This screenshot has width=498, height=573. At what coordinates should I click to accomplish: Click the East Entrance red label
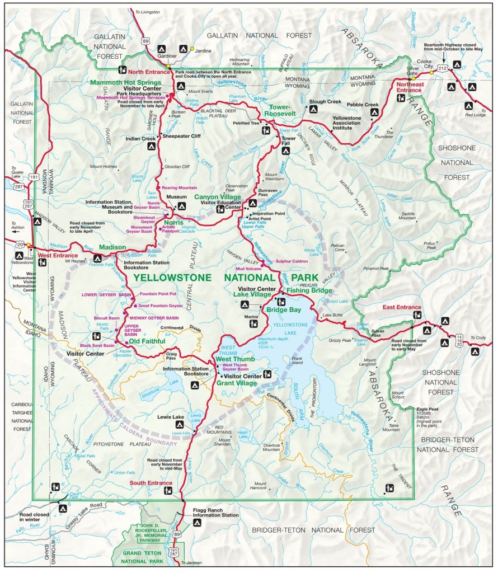point(402,307)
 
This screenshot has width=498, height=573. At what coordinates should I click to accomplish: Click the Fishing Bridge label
point(309,290)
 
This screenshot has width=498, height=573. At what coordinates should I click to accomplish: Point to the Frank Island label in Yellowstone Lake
point(297,360)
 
